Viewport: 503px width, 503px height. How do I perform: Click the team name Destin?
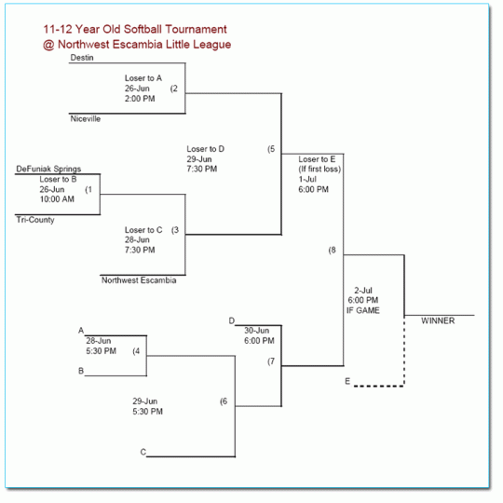[x=83, y=58]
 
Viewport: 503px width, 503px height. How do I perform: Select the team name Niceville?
[x=86, y=118]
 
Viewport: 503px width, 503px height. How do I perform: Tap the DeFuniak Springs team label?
[x=48, y=169]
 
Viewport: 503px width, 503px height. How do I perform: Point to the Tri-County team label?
[x=35, y=220]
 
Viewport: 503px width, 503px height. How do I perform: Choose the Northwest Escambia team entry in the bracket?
[x=138, y=279]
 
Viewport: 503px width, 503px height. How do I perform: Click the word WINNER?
[x=439, y=320]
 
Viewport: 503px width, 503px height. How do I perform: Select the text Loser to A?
[x=143, y=78]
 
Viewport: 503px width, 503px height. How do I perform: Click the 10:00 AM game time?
[x=57, y=199]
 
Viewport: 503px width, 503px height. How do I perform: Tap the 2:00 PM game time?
[x=141, y=99]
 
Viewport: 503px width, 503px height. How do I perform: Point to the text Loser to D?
[x=205, y=149]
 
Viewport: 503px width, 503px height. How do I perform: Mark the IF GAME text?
[x=363, y=310]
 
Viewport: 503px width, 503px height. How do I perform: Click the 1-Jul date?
[x=309, y=179]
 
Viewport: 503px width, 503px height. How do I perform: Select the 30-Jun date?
[x=257, y=331]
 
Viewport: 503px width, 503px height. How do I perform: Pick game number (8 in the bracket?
[x=333, y=251]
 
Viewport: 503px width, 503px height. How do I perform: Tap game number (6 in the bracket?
[x=224, y=401]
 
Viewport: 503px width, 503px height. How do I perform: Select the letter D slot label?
[x=232, y=321]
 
